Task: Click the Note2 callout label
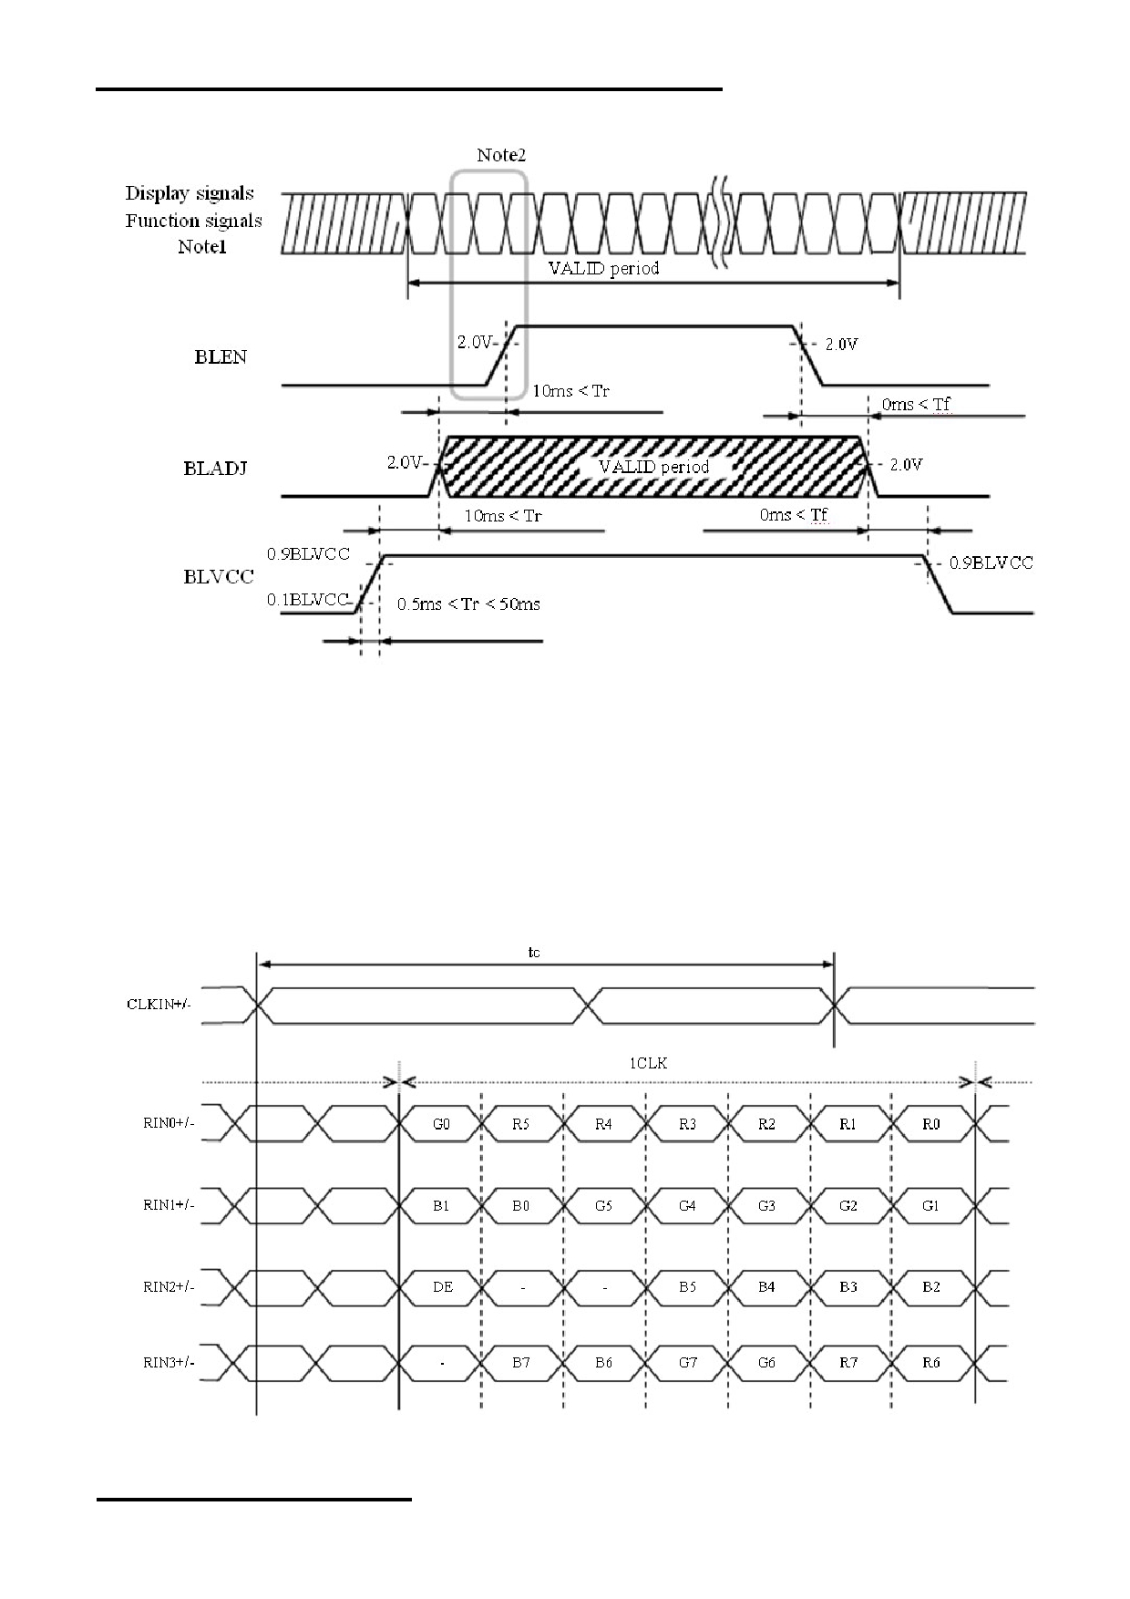pyautogui.click(x=501, y=155)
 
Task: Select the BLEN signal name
pyautogui.click(x=221, y=356)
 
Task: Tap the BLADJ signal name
pyautogui.click(x=215, y=469)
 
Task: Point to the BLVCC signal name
pyautogui.click(x=219, y=576)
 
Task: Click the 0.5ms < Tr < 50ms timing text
pyautogui.click(x=468, y=603)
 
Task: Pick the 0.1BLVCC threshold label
pyautogui.click(x=308, y=599)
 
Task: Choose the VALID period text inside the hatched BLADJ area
pyautogui.click(x=653, y=467)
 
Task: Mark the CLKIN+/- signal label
pyautogui.click(x=159, y=1005)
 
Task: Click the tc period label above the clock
pyautogui.click(x=534, y=952)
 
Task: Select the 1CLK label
pyautogui.click(x=649, y=1063)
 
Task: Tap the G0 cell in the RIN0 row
pyautogui.click(x=441, y=1124)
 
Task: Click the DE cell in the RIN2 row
pyautogui.click(x=442, y=1286)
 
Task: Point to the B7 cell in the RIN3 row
pyautogui.click(x=521, y=1362)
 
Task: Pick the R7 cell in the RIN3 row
pyautogui.click(x=848, y=1362)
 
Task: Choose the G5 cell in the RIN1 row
pyautogui.click(x=603, y=1205)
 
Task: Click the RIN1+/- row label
pyautogui.click(x=169, y=1205)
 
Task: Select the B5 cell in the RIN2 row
pyautogui.click(x=688, y=1286)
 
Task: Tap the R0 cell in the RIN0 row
pyautogui.click(x=930, y=1124)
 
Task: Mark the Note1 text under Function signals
pyautogui.click(x=201, y=247)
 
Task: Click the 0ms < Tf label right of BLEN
pyautogui.click(x=916, y=404)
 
